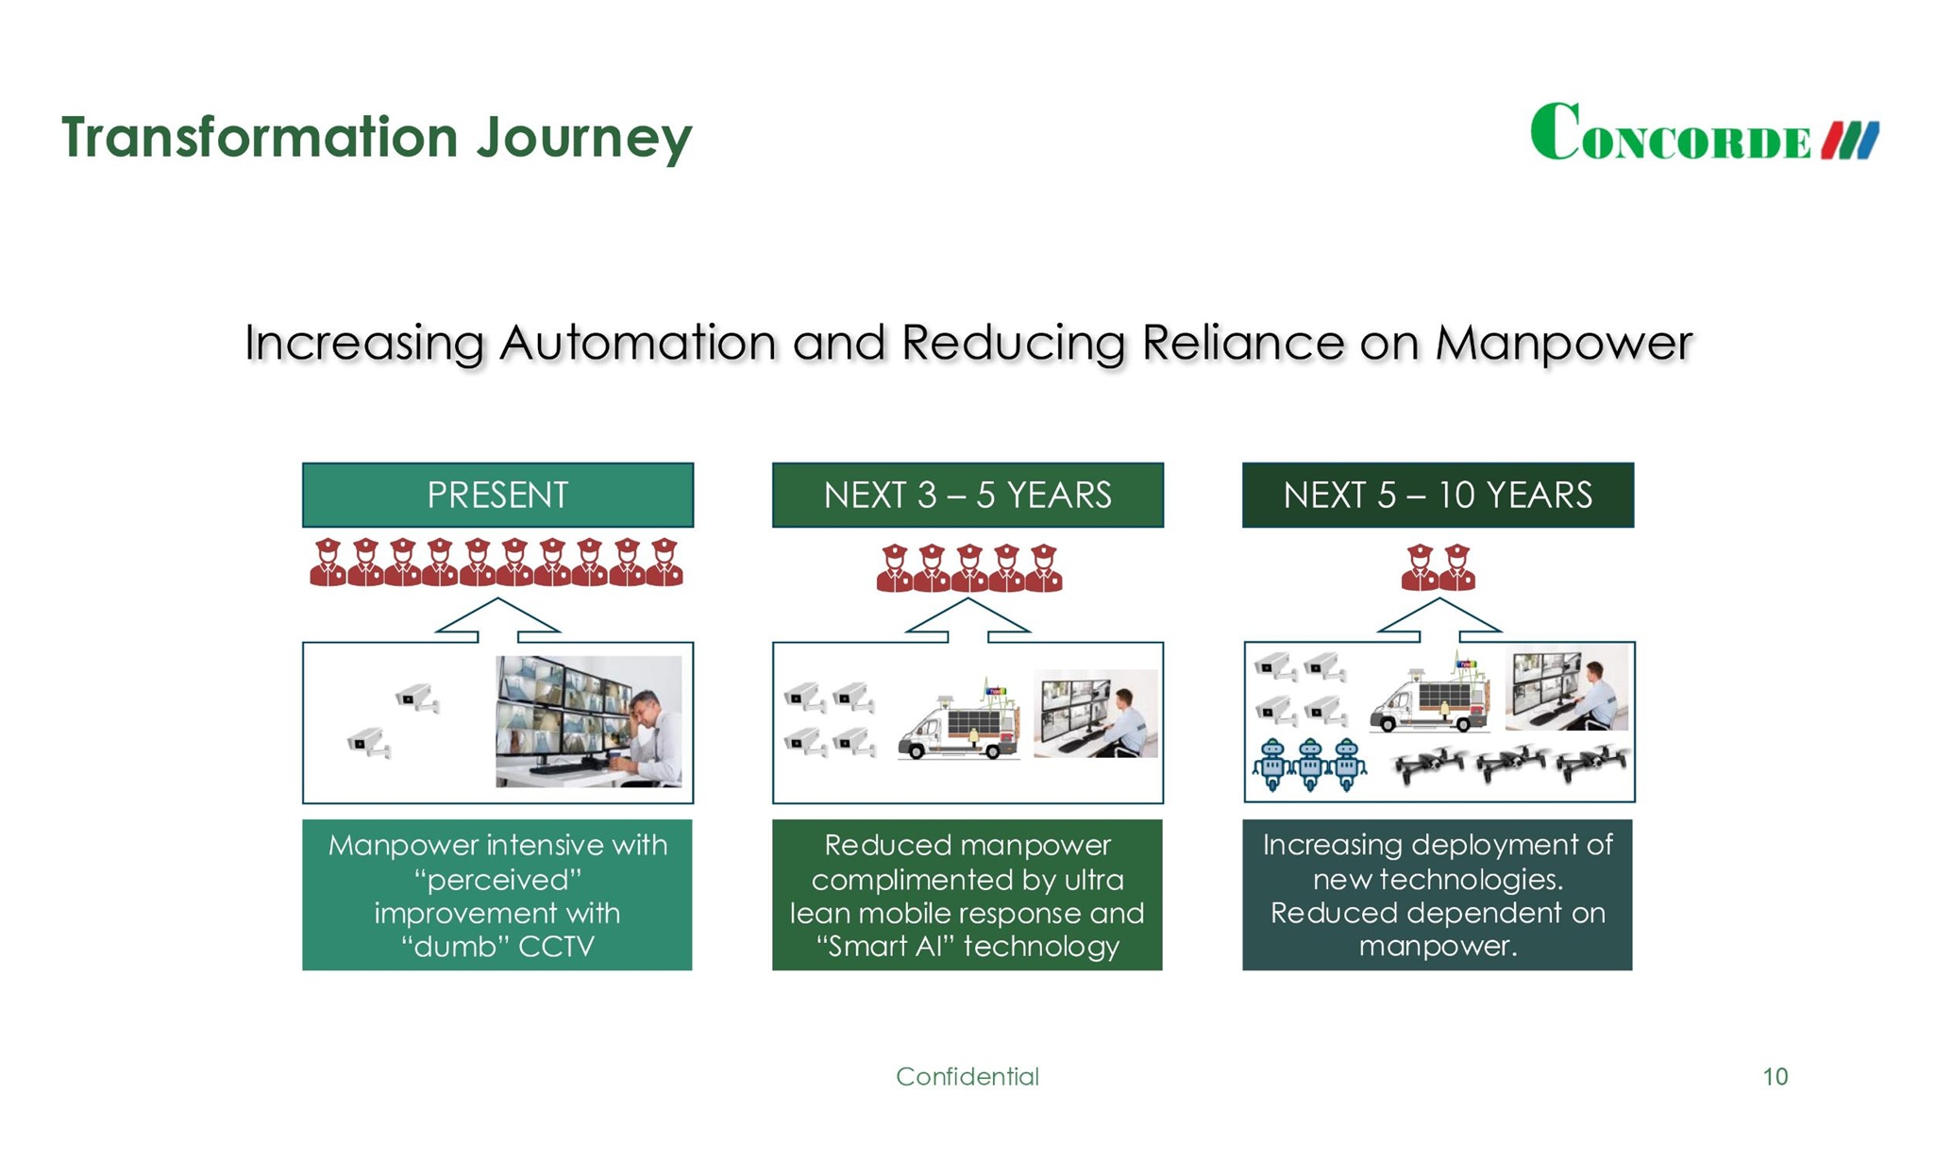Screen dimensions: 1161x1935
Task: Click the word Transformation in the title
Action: [260, 137]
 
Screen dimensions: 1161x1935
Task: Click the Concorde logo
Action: [1704, 133]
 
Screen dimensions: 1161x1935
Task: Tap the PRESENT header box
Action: [497, 495]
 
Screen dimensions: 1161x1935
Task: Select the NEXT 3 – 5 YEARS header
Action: [967, 495]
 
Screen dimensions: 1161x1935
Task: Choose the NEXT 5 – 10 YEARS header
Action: [1438, 495]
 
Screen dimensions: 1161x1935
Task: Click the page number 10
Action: [1775, 1076]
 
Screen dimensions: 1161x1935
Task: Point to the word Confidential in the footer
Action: [967, 1076]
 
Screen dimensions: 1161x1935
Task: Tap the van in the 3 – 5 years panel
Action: [958, 727]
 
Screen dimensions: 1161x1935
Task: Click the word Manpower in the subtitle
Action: [1564, 343]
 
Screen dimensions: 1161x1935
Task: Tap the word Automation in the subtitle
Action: [637, 343]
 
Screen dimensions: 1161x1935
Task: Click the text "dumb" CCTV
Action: [497, 946]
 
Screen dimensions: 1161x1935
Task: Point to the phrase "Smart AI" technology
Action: [967, 946]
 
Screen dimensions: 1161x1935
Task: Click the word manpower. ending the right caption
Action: [1438, 946]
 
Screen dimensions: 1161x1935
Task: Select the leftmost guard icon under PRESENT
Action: [328, 564]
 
